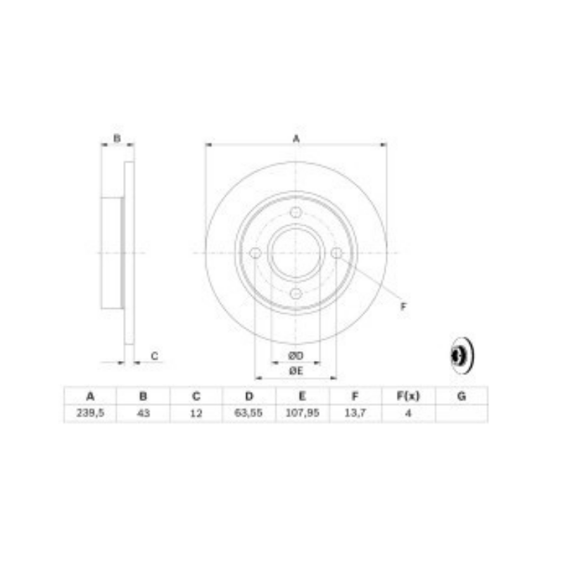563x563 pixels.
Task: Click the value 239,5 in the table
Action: point(90,413)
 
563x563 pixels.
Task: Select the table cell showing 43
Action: point(144,413)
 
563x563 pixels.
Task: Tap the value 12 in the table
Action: point(196,413)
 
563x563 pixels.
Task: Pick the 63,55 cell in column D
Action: point(248,413)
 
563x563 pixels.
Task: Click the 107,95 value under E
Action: point(303,413)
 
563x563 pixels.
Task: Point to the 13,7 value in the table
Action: point(355,413)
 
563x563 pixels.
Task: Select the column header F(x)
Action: point(408,396)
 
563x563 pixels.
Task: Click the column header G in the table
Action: point(462,396)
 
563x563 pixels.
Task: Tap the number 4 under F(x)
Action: point(408,413)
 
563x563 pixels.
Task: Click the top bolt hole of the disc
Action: point(296,213)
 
